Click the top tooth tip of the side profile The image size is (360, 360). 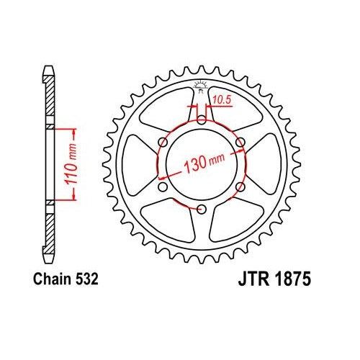click(50, 69)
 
